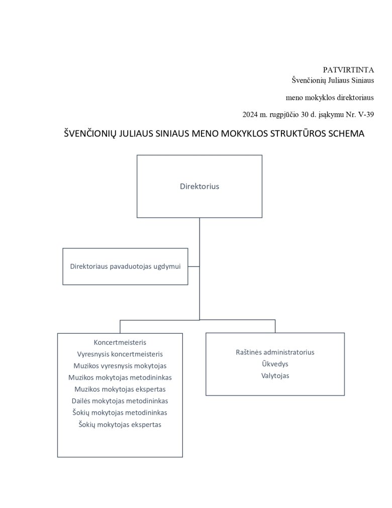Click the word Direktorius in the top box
click(200, 186)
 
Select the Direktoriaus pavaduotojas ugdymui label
click(125, 266)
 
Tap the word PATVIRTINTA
click(348, 69)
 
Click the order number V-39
click(364, 115)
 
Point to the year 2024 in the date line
click(250, 115)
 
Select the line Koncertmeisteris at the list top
click(120, 342)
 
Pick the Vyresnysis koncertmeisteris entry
click(120, 354)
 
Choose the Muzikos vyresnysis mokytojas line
click(120, 366)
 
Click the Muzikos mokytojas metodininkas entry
click(120, 377)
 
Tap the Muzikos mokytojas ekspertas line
click(120, 389)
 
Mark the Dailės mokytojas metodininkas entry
click(120, 401)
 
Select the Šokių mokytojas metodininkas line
click(120, 412)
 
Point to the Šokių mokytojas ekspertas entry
click(120, 424)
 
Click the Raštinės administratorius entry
click(275, 352)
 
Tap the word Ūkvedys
click(275, 364)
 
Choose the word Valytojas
click(275, 376)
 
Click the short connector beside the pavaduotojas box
click(193, 266)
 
